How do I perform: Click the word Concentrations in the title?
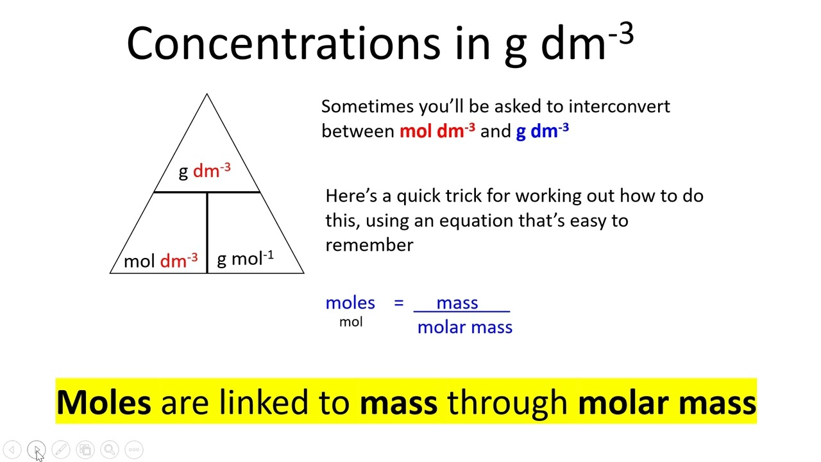click(x=284, y=44)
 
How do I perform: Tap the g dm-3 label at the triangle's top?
click(x=205, y=171)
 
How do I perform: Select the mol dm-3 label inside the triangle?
click(x=161, y=261)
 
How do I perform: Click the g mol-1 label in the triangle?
click(x=245, y=258)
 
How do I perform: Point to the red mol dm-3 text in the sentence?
click(x=437, y=130)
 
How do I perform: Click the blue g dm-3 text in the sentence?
click(x=543, y=132)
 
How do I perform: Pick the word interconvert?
click(x=619, y=107)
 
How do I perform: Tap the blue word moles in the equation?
click(x=350, y=303)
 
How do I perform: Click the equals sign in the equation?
click(x=399, y=303)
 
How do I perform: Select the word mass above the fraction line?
click(x=457, y=304)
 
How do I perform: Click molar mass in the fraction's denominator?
click(x=465, y=327)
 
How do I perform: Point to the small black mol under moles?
click(x=351, y=322)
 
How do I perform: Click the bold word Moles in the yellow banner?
click(x=104, y=402)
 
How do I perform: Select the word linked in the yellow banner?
click(x=264, y=402)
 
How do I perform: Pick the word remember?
click(x=369, y=245)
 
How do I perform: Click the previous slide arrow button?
click(x=12, y=450)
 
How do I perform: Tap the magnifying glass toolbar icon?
click(x=110, y=450)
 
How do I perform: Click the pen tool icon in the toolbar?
click(x=61, y=450)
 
